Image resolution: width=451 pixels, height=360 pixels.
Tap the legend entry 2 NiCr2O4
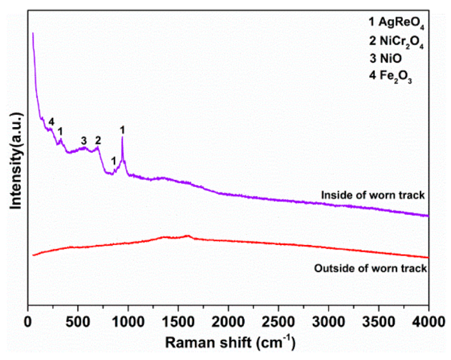click(x=394, y=42)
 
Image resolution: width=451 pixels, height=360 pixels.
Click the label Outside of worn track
click(x=370, y=268)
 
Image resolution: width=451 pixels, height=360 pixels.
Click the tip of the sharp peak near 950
click(x=122, y=137)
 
